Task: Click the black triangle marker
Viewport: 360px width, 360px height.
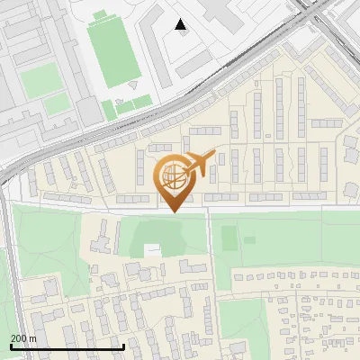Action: [181, 24]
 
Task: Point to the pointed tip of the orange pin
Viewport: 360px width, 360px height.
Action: [173, 211]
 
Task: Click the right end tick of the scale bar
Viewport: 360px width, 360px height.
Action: [123, 346]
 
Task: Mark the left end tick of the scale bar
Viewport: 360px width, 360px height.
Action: [11, 346]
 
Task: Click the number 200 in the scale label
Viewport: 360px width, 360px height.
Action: [18, 337]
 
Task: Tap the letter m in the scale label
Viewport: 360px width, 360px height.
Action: [33, 337]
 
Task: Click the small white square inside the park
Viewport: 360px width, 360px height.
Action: [153, 248]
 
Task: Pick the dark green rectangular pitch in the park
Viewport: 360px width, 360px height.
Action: [229, 238]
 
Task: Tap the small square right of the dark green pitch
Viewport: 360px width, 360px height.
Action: [249, 240]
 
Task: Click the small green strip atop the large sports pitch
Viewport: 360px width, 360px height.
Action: [101, 14]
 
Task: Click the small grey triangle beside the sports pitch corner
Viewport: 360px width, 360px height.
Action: [133, 85]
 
